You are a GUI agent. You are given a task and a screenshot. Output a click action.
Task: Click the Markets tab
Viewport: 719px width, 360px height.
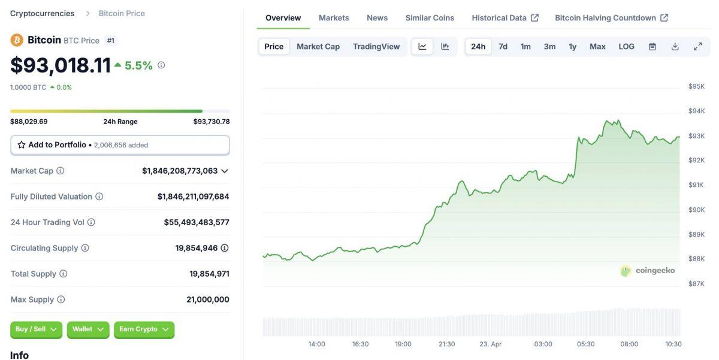pyautogui.click(x=334, y=18)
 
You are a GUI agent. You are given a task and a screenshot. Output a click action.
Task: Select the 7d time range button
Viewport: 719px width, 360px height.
pyautogui.click(x=503, y=47)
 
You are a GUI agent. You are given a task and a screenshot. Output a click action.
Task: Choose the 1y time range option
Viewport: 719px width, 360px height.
pyautogui.click(x=572, y=47)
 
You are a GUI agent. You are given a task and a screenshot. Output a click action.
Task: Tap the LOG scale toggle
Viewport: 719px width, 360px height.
pyautogui.click(x=626, y=47)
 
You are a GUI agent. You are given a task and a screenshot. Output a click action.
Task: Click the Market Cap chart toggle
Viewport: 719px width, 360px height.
pyautogui.click(x=318, y=47)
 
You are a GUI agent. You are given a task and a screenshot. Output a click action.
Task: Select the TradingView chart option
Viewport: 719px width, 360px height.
pyautogui.click(x=376, y=47)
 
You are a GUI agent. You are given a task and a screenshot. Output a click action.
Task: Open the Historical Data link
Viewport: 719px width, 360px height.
pyautogui.click(x=504, y=18)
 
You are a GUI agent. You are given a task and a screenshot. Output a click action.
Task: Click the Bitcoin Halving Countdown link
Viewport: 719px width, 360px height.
pyautogui.click(x=611, y=18)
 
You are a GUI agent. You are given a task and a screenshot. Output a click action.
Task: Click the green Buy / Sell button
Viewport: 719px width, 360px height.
pyautogui.click(x=36, y=329)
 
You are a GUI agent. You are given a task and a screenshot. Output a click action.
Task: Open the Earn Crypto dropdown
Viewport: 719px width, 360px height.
pyautogui.click(x=144, y=329)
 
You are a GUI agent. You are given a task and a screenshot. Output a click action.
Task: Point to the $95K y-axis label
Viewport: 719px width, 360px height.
pyautogui.click(x=696, y=86)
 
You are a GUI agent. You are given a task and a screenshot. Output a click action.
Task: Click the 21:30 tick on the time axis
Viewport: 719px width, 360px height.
pyautogui.click(x=446, y=344)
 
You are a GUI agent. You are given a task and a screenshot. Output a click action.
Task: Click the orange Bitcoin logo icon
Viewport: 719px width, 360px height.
pyautogui.click(x=17, y=40)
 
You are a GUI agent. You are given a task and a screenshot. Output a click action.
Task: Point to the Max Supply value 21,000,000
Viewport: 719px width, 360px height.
pyautogui.click(x=209, y=300)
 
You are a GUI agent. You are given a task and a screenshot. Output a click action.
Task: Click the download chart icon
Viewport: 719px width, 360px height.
pyautogui.click(x=675, y=47)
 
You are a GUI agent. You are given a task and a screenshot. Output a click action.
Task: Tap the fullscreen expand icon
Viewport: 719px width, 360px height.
pyautogui.click(x=697, y=47)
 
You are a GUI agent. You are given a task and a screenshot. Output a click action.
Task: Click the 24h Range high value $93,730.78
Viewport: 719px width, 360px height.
pyautogui.click(x=211, y=122)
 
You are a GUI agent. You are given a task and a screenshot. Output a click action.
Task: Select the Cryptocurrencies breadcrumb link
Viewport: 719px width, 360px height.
pyautogui.click(x=42, y=13)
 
